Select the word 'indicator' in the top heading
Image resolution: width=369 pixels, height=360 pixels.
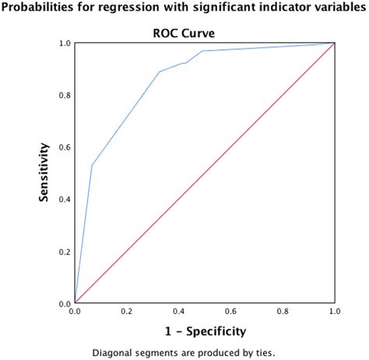click(x=275, y=11)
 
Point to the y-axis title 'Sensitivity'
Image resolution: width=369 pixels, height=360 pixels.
click(x=47, y=173)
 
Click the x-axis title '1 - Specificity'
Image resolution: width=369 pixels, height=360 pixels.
click(x=204, y=330)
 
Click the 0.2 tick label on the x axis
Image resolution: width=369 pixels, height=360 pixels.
click(x=127, y=312)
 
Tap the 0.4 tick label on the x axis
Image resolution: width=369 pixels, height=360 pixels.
click(x=179, y=312)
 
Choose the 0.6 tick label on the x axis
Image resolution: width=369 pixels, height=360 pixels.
click(x=230, y=312)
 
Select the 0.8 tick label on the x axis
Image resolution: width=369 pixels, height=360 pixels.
click(x=283, y=312)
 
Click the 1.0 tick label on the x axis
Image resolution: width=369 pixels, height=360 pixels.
click(x=334, y=312)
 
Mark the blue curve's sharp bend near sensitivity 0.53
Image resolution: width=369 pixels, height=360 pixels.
click(x=92, y=165)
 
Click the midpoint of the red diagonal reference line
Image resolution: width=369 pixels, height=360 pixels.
click(x=205, y=173)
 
